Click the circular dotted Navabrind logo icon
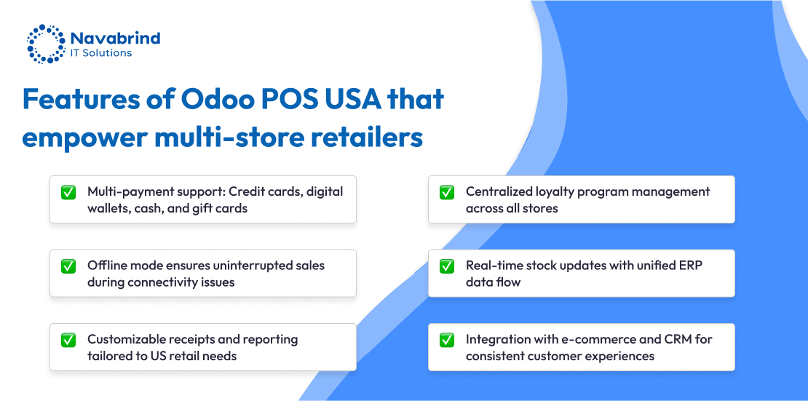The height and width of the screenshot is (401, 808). click(x=47, y=43)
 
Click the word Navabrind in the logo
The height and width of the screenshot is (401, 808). click(x=116, y=38)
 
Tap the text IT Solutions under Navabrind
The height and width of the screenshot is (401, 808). click(x=101, y=53)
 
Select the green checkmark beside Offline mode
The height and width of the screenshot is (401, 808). click(x=68, y=266)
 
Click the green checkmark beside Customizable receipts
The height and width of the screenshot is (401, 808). click(x=68, y=340)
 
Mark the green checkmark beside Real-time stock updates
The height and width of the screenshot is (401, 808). click(x=447, y=266)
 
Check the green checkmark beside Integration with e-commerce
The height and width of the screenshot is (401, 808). click(x=447, y=340)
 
